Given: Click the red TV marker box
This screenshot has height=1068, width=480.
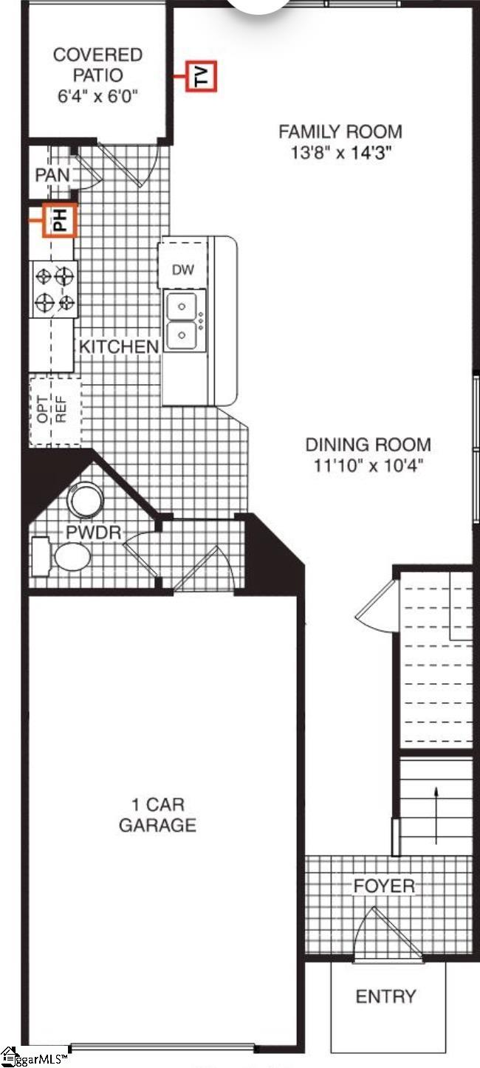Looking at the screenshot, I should pyautogui.click(x=201, y=75).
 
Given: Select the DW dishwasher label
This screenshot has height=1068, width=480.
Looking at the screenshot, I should pyautogui.click(x=183, y=270).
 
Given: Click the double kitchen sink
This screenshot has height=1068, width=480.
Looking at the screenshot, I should pyautogui.click(x=182, y=320).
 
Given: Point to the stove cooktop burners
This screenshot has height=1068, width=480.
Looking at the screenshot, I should pyautogui.click(x=55, y=289).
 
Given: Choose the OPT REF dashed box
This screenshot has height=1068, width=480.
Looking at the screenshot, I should pyautogui.click(x=54, y=409).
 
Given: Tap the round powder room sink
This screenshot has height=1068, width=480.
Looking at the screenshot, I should pyautogui.click(x=86, y=499).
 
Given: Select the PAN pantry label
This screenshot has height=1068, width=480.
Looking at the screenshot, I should pyautogui.click(x=52, y=175).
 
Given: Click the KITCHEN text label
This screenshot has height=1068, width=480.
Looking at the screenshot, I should pyautogui.click(x=118, y=346).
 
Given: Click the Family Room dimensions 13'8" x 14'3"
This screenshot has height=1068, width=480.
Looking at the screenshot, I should pyautogui.click(x=340, y=154).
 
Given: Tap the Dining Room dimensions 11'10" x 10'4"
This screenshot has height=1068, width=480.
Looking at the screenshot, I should pyautogui.click(x=368, y=465).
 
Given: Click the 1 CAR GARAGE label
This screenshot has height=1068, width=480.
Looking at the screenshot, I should pyautogui.click(x=157, y=814).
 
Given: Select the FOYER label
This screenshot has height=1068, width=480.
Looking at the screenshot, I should pyautogui.click(x=384, y=886).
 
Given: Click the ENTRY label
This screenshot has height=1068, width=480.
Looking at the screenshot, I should pyautogui.click(x=385, y=996).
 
